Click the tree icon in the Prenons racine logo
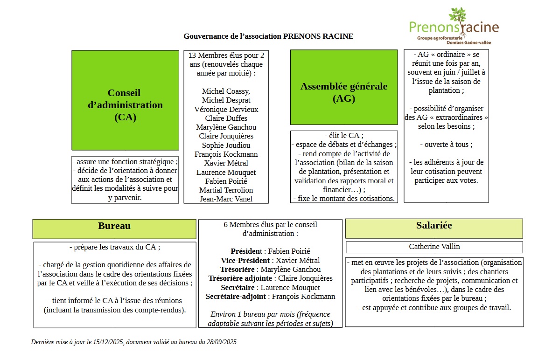pos(457,21)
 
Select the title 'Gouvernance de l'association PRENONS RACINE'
pos(268,36)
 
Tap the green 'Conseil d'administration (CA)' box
pos(125,100)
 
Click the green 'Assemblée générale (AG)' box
pos(343,88)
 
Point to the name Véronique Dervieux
pos(226,109)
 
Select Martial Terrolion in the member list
pos(226,190)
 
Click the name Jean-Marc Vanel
pos(226,199)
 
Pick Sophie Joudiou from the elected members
pos(226,145)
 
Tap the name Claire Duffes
pos(226,118)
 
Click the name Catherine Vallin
pos(434,247)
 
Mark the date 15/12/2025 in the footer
pos(108,342)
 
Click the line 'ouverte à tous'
pos(446,145)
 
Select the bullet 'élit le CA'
pos(343,135)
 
